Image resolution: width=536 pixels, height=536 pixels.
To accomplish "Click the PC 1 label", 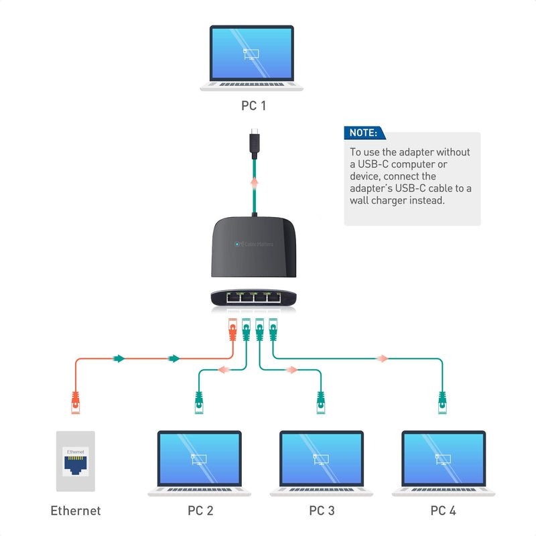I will click(258, 106).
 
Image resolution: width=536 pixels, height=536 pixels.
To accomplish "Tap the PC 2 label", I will click(200, 511).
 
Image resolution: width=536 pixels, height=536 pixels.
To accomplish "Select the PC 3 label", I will click(322, 511).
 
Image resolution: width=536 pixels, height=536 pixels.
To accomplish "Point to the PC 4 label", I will click(443, 511).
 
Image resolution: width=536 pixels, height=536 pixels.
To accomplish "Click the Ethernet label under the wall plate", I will click(76, 511).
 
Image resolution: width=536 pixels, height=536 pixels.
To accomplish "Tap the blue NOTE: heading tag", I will click(364, 133).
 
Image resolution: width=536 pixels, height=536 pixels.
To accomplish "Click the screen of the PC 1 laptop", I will click(252, 54).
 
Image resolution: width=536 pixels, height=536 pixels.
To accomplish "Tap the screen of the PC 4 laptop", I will click(444, 459).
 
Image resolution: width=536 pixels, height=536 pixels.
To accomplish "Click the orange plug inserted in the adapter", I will click(232, 329).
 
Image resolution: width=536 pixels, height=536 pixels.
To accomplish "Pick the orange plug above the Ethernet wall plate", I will click(76, 402).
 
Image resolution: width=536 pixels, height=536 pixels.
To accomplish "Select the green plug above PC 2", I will click(199, 402).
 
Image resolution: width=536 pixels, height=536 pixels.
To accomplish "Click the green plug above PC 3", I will click(321, 402).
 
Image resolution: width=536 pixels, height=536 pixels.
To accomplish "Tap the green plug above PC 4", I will click(442, 402).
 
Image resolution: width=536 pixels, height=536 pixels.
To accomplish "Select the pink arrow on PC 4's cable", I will click(381, 358).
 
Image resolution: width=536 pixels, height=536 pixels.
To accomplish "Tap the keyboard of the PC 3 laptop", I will click(322, 490).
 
